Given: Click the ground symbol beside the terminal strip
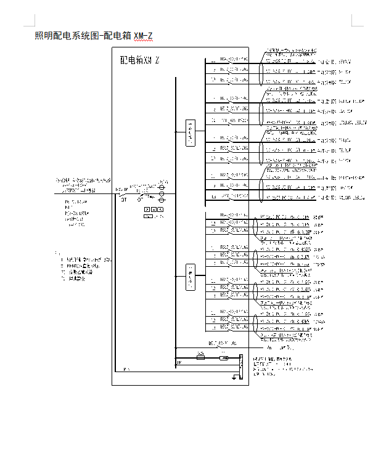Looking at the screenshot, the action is [234, 378].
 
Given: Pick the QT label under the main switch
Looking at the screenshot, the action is [124, 200].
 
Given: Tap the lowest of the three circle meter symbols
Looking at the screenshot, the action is [162, 200].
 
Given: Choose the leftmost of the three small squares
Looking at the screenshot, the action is [146, 209].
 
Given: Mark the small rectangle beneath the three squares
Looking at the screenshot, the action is [148, 217].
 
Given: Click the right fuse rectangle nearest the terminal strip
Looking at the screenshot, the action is [224, 357].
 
